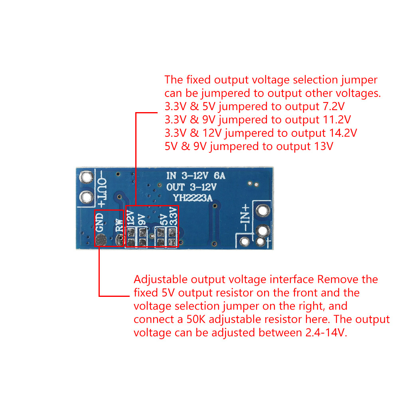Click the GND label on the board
100,222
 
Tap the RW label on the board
119,225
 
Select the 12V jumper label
130,218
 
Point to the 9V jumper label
142,219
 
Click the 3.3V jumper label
173,216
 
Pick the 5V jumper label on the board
164,219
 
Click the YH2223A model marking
193,198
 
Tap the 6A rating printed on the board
219,176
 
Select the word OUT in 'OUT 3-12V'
175,187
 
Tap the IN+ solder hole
263,211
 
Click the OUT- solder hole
86,177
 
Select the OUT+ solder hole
86,197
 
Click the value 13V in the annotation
324,146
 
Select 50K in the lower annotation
196,319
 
